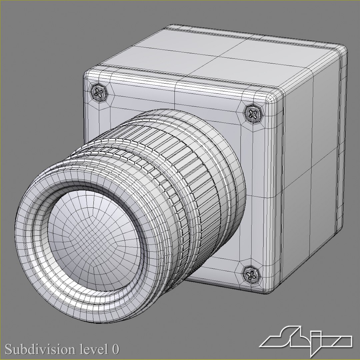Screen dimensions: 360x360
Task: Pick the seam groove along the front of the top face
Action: (187, 77)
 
